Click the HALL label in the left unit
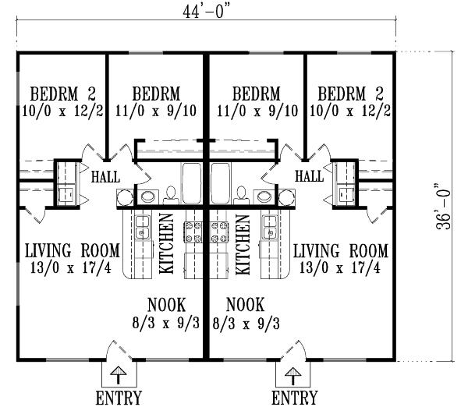[x=105, y=177]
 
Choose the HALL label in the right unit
[x=310, y=177]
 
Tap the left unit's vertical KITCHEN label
[x=166, y=243]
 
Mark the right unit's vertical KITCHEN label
[x=242, y=243]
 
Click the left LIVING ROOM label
[x=72, y=250]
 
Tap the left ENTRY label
[x=119, y=398]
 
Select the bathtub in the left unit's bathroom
[x=193, y=182]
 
